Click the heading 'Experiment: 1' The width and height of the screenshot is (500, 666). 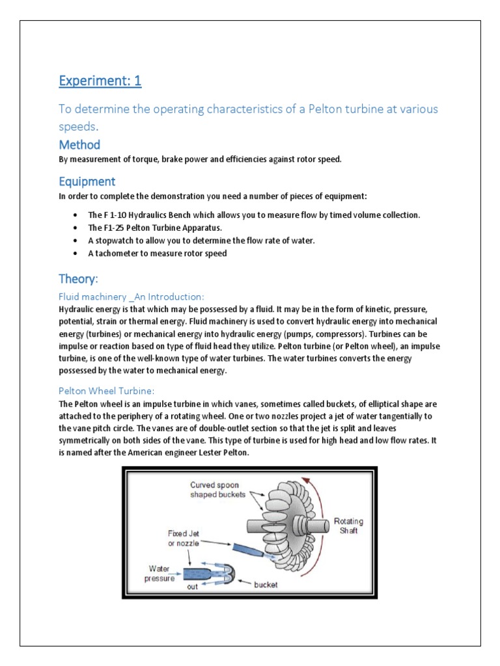tap(100, 81)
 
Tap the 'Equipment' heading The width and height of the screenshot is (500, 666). tap(87, 181)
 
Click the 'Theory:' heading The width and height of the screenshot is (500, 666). tap(78, 279)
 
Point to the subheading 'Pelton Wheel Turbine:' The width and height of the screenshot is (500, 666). tap(106, 390)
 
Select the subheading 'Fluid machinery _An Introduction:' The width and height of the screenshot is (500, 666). tap(132, 297)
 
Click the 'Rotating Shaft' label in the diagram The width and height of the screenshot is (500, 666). tap(348, 526)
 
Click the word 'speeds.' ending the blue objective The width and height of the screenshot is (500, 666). tap(80, 126)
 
